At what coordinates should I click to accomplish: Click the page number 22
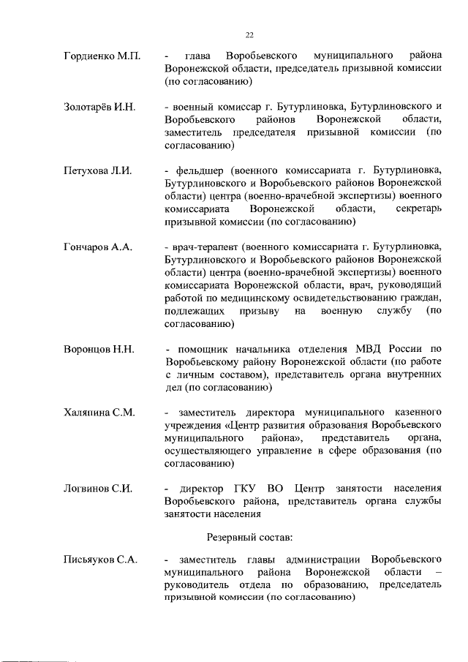249,34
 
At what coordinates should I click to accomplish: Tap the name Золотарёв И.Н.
99,108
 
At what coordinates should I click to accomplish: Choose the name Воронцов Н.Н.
99,349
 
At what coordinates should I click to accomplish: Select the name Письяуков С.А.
101,560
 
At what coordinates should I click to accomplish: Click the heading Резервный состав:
249,538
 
